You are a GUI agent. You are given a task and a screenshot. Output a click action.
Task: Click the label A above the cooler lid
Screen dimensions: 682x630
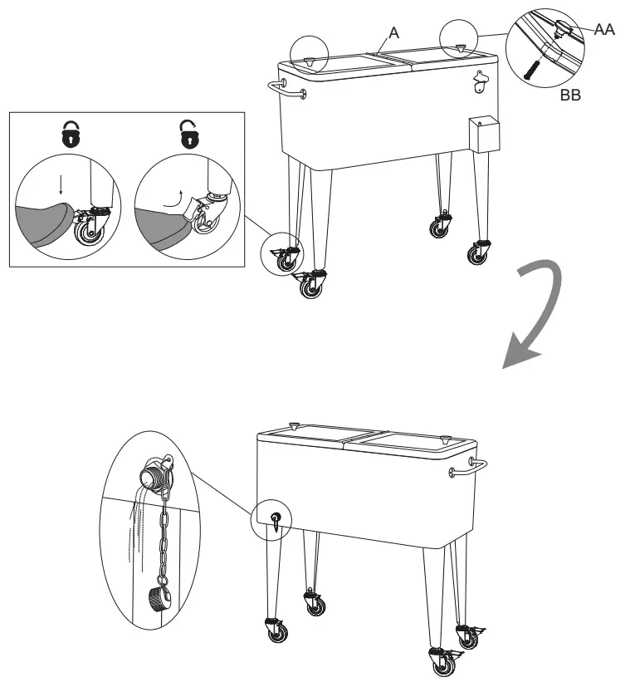pyautogui.click(x=395, y=32)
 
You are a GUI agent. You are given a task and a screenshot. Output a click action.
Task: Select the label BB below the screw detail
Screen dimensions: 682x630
pyautogui.click(x=570, y=95)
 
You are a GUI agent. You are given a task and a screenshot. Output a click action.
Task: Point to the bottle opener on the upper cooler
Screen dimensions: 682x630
pyautogui.click(x=481, y=81)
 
